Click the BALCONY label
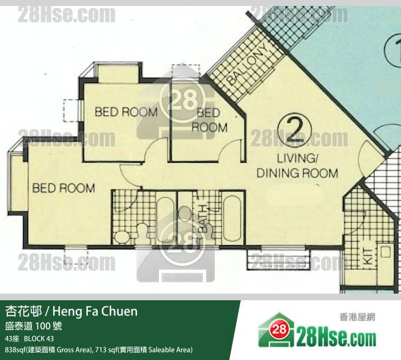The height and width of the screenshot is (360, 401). point(248,64)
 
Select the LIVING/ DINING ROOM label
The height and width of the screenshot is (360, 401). point(297,166)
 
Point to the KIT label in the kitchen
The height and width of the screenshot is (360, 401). point(368,256)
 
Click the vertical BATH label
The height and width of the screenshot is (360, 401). point(203,219)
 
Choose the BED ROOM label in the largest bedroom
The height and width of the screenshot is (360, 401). point(63,188)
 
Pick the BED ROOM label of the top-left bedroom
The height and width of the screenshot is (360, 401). point(126,112)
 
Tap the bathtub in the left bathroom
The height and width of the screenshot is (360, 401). point(164,217)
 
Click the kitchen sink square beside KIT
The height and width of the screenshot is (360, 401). point(385,252)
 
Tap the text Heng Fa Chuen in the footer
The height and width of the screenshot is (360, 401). point(95,312)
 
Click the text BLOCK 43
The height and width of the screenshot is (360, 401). point(39,339)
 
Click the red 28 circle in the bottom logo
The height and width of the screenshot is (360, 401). point(279,329)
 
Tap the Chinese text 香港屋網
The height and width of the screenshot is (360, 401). point(357,317)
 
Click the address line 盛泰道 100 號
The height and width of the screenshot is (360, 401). point(33,326)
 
